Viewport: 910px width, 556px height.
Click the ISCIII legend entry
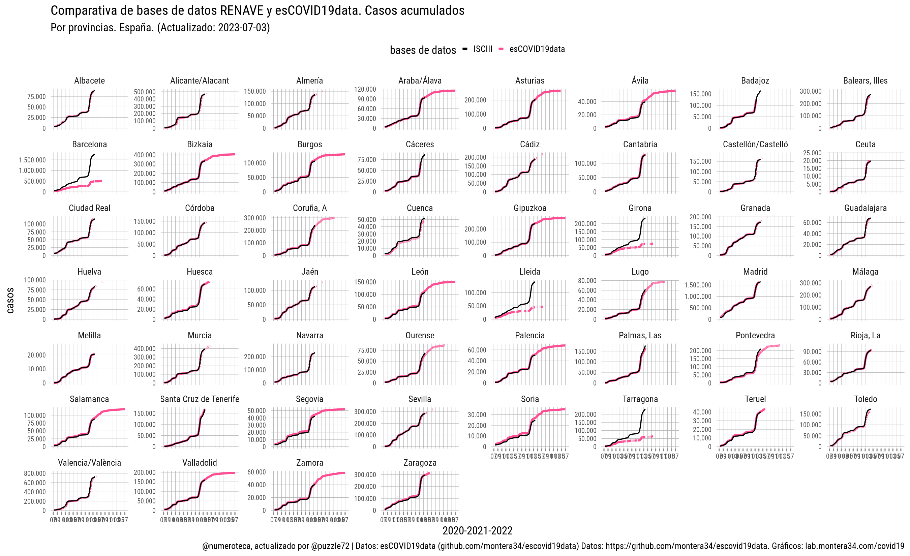click(x=482, y=49)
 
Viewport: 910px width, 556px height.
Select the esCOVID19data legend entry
click(x=537, y=49)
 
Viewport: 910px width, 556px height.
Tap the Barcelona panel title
click(x=89, y=144)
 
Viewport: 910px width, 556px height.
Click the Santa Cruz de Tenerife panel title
click(x=200, y=399)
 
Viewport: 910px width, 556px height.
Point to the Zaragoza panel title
click(x=420, y=463)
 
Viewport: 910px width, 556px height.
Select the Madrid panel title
click(x=755, y=272)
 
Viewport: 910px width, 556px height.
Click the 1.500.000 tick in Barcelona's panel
click(x=32, y=160)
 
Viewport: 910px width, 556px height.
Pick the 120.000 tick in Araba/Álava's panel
click(x=365, y=89)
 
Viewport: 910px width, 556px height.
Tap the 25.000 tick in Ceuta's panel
click(x=812, y=153)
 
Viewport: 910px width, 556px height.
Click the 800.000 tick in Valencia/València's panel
click(x=35, y=473)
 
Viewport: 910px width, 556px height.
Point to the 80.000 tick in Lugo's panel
click(x=587, y=281)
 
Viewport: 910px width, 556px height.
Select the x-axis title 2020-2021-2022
click(x=477, y=531)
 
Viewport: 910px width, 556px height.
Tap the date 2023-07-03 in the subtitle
click(x=242, y=28)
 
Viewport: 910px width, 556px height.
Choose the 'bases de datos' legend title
click(x=423, y=50)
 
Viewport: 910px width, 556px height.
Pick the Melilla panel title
click(x=89, y=336)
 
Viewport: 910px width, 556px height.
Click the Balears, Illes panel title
click(x=865, y=81)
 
